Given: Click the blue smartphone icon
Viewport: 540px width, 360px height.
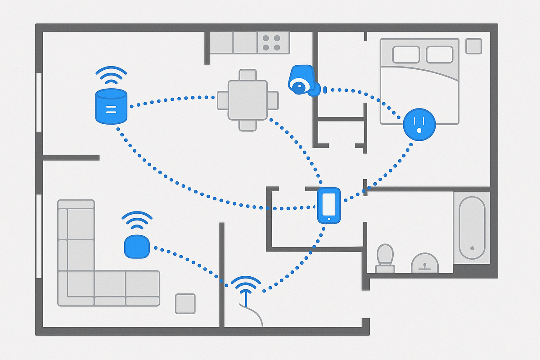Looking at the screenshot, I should click(329, 206).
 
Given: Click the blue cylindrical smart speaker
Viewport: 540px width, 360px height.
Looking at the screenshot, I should click(111, 106).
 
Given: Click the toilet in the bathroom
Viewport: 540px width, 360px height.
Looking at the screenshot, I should click(385, 259).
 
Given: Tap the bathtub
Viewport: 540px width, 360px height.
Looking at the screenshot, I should click(471, 227).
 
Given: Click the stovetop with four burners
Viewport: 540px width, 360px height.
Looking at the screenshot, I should click(271, 43).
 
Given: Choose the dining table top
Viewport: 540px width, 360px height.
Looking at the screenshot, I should click(247, 100).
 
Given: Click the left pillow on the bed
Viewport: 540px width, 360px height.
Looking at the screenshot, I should click(406, 55).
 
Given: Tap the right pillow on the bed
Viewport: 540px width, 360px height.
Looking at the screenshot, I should click(440, 55).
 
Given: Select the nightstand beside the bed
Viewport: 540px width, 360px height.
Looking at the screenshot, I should click(473, 46).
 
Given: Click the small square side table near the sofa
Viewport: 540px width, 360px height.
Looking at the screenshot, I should click(185, 303).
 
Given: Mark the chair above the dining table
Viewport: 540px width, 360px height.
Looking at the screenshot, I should click(247, 75).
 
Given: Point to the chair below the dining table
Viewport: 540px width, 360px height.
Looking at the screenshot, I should click(247, 125).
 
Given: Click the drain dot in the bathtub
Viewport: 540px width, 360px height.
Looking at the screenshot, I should click(472, 248).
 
